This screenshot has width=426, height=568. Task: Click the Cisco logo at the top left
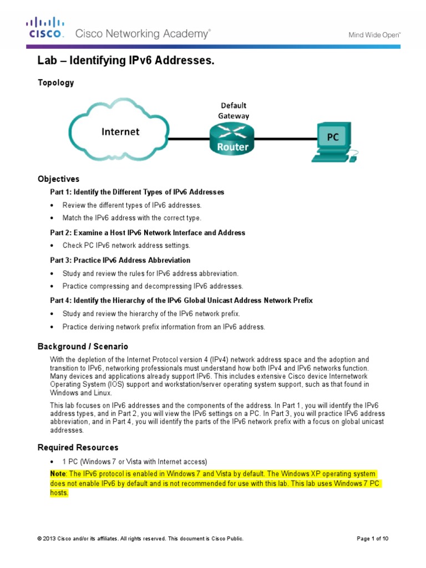click(x=46, y=27)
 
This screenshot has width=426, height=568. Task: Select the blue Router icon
click(x=229, y=139)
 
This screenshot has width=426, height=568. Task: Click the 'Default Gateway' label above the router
click(x=234, y=110)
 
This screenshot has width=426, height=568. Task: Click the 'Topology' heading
click(x=55, y=83)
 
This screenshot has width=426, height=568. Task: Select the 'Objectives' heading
click(x=58, y=179)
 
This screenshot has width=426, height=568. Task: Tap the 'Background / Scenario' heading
click(x=83, y=347)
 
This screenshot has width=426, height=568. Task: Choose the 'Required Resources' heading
click(x=78, y=447)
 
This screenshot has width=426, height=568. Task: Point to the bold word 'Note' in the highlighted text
click(x=58, y=474)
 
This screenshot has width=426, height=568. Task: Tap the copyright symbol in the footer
click(x=39, y=539)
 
